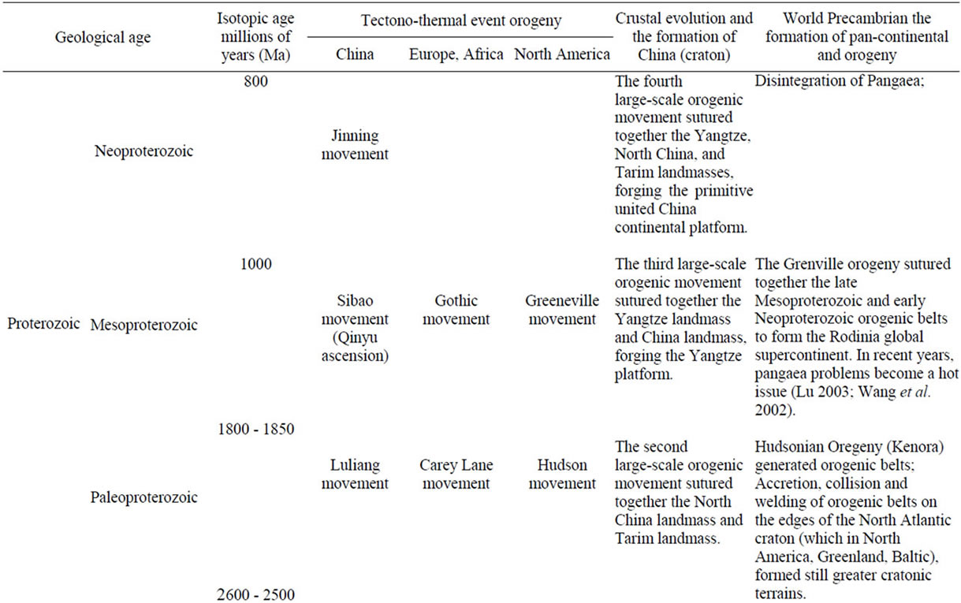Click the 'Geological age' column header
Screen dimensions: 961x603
coord(102,38)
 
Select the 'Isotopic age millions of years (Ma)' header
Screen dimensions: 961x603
coord(255,37)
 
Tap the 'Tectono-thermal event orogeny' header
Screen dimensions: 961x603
coord(460,20)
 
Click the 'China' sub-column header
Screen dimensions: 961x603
coord(355,54)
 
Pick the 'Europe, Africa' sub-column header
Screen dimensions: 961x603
coord(456,54)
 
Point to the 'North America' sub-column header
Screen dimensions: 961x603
coord(562,54)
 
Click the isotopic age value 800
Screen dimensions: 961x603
coord(255,81)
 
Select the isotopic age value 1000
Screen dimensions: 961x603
coord(255,264)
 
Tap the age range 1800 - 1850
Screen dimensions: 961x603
coord(255,429)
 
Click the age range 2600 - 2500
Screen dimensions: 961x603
coord(255,594)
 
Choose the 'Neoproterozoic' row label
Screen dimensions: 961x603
coord(143,151)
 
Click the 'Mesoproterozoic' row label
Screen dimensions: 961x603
coord(143,325)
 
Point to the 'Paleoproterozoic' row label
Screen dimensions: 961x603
coord(143,497)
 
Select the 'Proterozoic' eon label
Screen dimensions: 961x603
coord(43,323)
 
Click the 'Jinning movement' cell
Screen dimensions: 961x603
coord(355,145)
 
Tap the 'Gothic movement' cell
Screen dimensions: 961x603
coord(456,310)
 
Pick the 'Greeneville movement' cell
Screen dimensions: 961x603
coord(562,310)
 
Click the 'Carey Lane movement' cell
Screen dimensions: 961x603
coord(456,474)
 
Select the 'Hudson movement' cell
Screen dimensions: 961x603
coord(562,474)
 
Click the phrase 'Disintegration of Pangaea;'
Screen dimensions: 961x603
coord(839,80)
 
